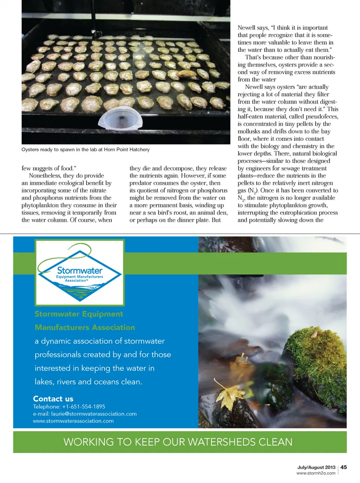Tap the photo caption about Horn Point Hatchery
point(85,150)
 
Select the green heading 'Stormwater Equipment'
point(79,314)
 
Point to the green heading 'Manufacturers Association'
point(85,328)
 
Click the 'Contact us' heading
point(53,399)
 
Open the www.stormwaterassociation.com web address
point(73,421)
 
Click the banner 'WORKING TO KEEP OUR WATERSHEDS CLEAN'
point(178,442)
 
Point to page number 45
point(343,467)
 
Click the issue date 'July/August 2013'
point(316,467)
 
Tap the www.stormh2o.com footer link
point(316,473)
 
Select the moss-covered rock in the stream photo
point(319,360)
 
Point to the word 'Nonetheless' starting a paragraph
point(45,176)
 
